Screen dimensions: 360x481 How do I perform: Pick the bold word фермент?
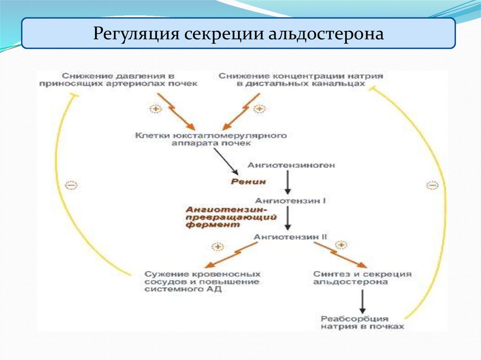(209, 225)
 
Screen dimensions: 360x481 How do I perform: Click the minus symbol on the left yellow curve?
(70, 185)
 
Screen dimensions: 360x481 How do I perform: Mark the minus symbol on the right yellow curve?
(432, 185)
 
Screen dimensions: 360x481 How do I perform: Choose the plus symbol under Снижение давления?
(155, 109)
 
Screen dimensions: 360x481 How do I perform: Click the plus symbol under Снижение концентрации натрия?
(259, 109)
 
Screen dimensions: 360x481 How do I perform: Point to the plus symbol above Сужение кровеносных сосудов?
(218, 246)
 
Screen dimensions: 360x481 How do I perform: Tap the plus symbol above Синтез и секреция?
(341, 245)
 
